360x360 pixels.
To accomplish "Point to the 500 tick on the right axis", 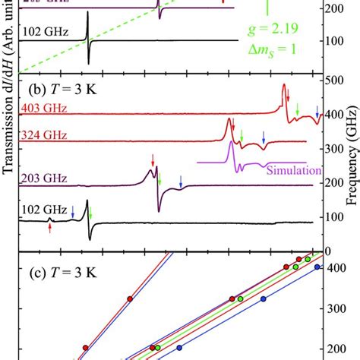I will pos(333,81).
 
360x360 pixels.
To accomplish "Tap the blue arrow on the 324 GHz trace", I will pos(264,137).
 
